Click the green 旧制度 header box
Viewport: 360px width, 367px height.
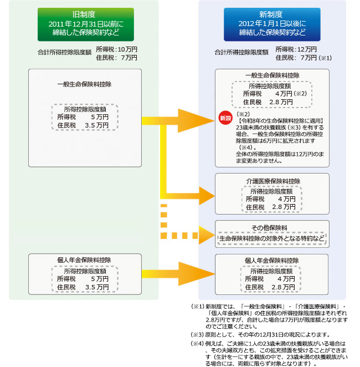pos(86,25)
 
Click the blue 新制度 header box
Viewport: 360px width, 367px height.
pos(272,25)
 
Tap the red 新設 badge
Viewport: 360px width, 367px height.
pos(225,119)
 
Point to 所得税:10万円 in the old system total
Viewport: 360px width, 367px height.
pos(116,49)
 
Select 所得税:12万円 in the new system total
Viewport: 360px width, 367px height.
pos(296,49)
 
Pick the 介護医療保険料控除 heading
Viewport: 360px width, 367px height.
pos(272,181)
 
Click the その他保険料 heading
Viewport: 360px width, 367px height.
pos(272,227)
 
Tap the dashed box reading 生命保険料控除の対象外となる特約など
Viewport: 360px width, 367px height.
pos(271,238)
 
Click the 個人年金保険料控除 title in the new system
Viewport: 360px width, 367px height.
pos(272,261)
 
